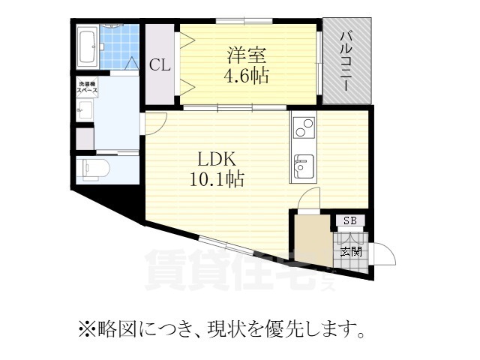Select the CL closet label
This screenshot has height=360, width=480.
[160, 65]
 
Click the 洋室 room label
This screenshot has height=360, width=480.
[245, 55]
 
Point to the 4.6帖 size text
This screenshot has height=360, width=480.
[245, 76]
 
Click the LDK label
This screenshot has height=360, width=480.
[217, 160]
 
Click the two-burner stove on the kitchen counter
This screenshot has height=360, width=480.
[303, 130]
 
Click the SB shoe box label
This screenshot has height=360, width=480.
[349, 220]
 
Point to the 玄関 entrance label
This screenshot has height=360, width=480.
[349, 251]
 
